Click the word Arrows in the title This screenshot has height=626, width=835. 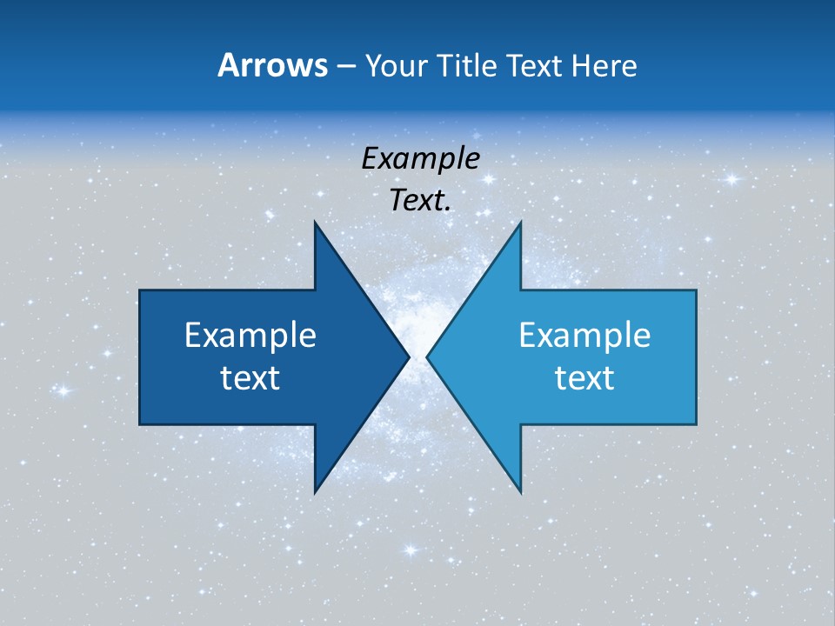click(x=271, y=65)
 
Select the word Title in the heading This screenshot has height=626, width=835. click(x=471, y=65)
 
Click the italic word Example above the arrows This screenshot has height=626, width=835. click(x=420, y=159)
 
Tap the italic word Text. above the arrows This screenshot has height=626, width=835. click(x=420, y=201)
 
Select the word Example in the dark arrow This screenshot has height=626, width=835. click(x=250, y=335)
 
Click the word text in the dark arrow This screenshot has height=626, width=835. click(x=250, y=377)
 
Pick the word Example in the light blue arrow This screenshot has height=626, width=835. click(x=584, y=335)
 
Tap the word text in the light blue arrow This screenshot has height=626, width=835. click(x=584, y=377)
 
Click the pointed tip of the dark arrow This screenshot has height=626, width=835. click(x=407, y=356)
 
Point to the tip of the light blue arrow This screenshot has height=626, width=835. click(x=428, y=356)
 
